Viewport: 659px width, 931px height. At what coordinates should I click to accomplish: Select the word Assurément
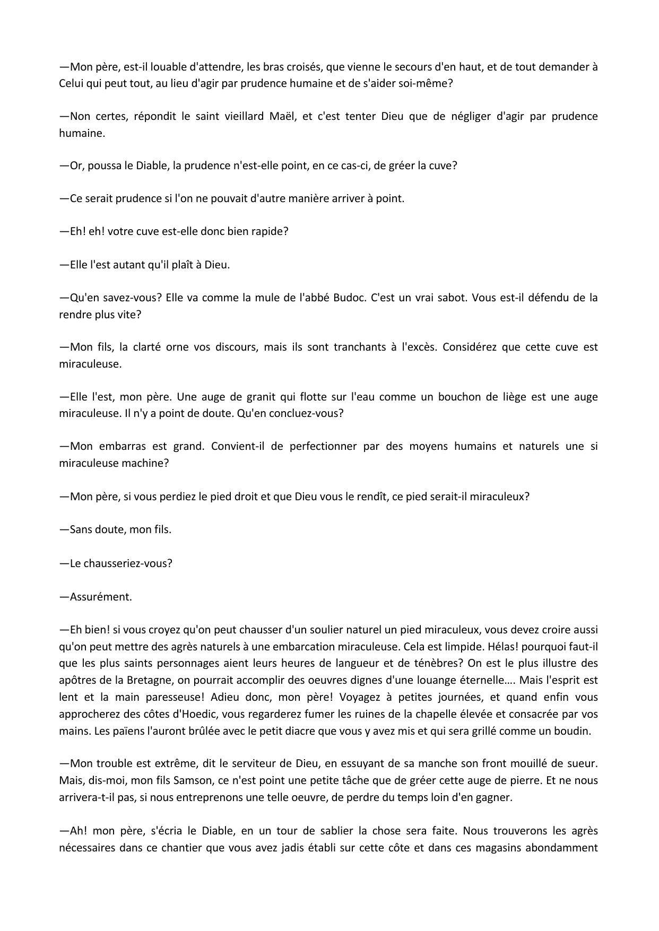[x=101, y=597]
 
